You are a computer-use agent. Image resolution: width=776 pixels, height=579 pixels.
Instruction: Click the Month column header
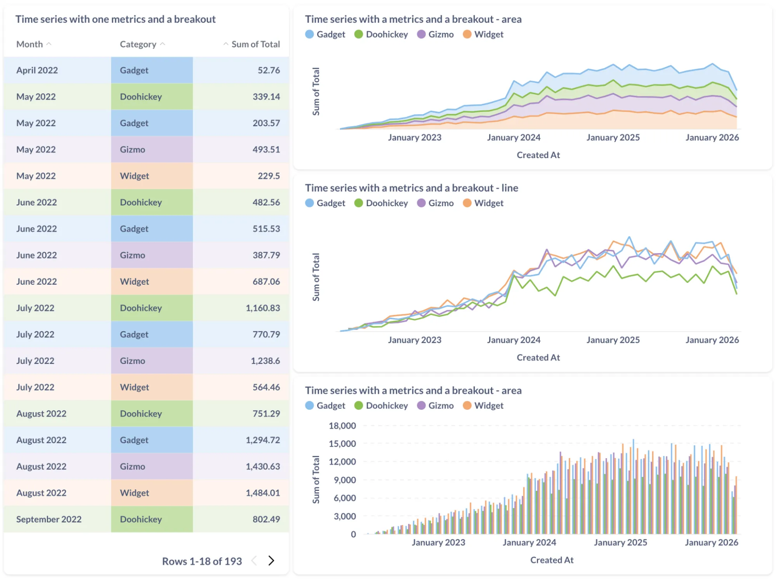click(x=30, y=44)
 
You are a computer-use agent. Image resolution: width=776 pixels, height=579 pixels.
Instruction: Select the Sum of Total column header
click(x=255, y=44)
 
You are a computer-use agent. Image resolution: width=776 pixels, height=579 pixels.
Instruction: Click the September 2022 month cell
click(x=49, y=519)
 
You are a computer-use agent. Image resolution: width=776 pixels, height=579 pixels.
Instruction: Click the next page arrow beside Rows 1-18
click(x=271, y=560)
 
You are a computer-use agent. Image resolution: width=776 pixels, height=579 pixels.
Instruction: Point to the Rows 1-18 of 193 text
click(x=201, y=561)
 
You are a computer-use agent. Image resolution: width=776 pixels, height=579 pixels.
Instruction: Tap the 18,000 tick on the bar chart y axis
click(x=342, y=426)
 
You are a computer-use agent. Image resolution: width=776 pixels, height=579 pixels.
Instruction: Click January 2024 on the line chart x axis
click(x=514, y=340)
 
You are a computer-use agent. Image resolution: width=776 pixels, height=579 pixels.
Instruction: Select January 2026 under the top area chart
click(x=712, y=137)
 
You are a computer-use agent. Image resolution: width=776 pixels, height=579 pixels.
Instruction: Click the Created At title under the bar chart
click(x=552, y=560)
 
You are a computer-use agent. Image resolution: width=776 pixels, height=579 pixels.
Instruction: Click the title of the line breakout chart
click(x=411, y=188)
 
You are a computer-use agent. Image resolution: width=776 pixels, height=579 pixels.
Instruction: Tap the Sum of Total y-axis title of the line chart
click(x=316, y=277)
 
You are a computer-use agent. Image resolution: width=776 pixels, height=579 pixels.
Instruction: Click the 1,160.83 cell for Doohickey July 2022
click(x=262, y=308)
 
